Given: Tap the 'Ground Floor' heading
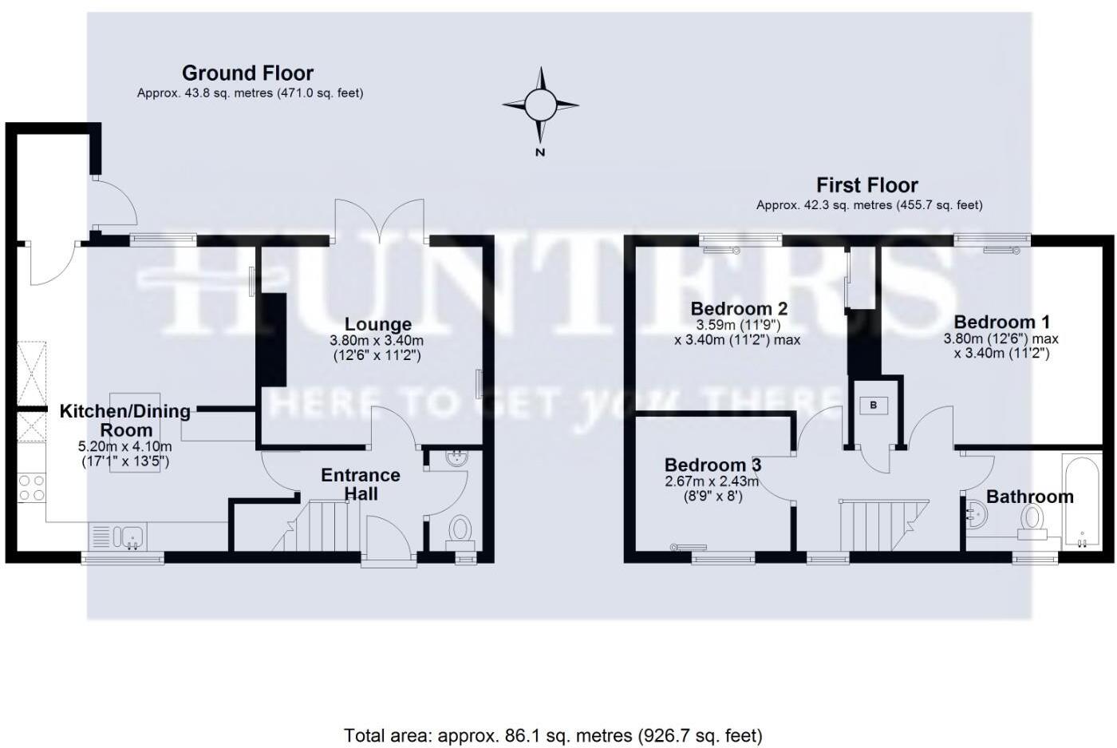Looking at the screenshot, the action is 248,73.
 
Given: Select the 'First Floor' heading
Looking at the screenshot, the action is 867,185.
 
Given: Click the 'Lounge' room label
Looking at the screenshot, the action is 378,324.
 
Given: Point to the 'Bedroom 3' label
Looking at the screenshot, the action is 712,465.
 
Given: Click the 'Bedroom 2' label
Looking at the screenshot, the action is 739,308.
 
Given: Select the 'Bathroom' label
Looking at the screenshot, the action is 1030,497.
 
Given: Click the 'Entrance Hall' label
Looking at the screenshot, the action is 361,484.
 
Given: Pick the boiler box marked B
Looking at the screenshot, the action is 873,406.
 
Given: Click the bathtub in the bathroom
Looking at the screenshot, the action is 1082,501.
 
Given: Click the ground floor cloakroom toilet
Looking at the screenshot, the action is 460,532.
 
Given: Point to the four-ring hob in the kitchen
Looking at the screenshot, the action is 31,488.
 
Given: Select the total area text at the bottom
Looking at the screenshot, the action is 553,735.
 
